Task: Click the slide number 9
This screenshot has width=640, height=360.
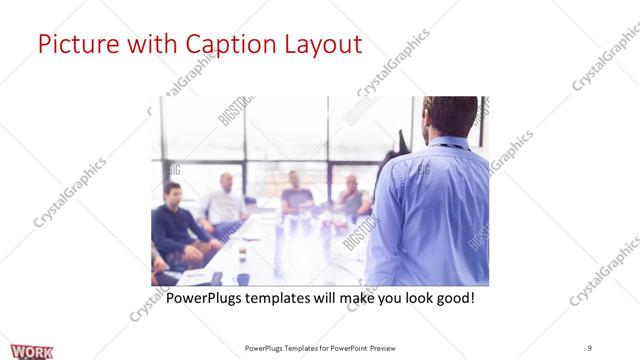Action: (x=589, y=347)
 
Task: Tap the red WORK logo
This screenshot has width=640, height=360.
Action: (x=33, y=350)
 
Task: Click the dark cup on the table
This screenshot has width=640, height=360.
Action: (x=243, y=279)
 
